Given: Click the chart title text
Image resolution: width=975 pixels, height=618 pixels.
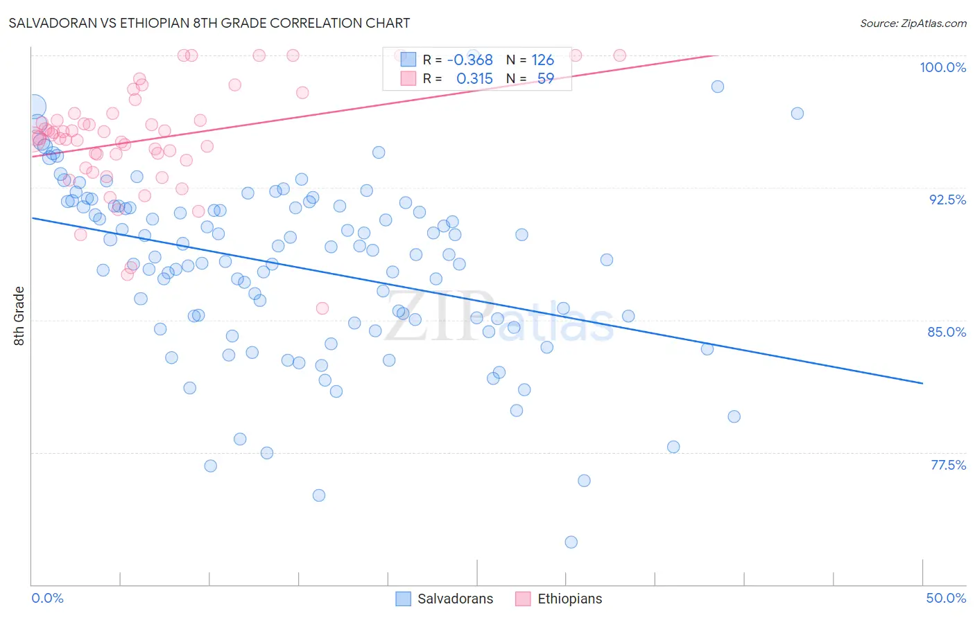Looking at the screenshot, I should (209, 23).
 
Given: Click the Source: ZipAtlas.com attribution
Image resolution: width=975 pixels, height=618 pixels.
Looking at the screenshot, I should (913, 23).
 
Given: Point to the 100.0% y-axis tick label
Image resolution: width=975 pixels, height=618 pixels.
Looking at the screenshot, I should (942, 67).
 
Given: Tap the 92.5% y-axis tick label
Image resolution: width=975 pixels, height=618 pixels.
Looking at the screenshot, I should (947, 200).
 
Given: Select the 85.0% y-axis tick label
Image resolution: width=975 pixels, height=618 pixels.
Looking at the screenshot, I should (947, 332).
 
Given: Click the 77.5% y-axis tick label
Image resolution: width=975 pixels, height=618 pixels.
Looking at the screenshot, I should (948, 465).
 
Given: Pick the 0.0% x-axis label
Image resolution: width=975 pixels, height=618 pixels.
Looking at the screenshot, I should (47, 598).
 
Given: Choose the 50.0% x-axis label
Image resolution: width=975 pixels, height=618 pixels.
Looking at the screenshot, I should (946, 598).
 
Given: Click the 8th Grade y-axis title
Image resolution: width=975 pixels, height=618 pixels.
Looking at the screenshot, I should (19, 316).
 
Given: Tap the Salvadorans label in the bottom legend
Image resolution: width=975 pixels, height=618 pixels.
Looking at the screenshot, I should (455, 599).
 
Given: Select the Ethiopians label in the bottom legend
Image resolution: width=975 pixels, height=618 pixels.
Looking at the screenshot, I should (569, 599).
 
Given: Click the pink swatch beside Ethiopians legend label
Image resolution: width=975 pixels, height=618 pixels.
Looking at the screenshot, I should (523, 599).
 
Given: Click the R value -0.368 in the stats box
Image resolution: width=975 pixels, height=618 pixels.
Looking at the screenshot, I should (469, 60).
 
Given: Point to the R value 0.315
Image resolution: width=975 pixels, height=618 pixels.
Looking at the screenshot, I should (474, 79).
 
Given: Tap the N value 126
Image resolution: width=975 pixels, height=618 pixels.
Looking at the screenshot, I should (542, 60).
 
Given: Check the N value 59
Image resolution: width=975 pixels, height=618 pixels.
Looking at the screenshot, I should (545, 79).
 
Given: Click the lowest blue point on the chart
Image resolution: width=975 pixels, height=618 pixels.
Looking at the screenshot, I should (571, 542).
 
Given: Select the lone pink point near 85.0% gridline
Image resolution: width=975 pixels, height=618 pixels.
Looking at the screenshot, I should (322, 308).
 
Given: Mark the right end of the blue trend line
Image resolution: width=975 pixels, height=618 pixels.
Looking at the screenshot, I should (922, 383).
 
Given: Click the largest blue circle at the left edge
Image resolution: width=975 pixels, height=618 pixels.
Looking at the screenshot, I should (35, 107).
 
